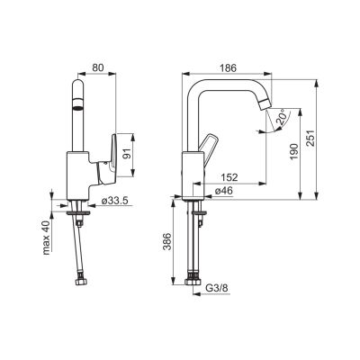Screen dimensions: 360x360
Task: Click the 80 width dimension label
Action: pos(97,67)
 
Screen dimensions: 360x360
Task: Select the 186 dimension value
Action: pos(228,67)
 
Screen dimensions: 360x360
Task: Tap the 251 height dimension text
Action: pos(311,138)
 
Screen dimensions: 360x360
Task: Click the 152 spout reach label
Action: pos(229,177)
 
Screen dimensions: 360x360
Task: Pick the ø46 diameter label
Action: pos(223,191)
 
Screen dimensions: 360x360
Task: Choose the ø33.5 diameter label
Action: pos(117,201)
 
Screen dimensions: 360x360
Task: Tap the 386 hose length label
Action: pos(166,241)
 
